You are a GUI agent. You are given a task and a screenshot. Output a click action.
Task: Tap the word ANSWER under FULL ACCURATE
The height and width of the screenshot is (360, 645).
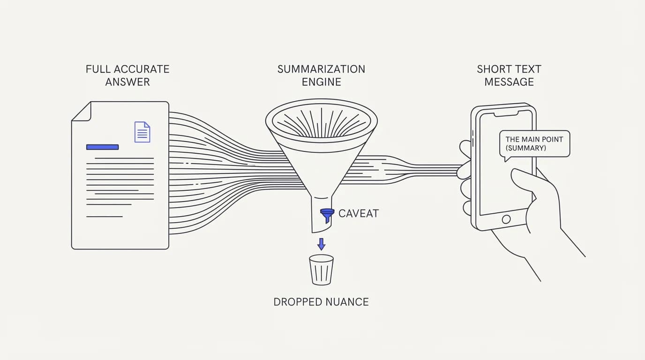[x=127, y=82]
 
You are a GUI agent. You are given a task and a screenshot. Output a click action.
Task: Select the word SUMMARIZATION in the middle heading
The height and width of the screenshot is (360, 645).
[x=322, y=69]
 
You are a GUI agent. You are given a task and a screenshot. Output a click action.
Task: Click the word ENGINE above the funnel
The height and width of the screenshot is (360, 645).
[x=322, y=82]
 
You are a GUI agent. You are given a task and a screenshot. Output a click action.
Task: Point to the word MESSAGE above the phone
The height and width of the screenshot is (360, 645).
[x=509, y=82]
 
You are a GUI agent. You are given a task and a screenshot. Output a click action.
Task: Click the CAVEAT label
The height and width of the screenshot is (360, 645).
[x=359, y=214]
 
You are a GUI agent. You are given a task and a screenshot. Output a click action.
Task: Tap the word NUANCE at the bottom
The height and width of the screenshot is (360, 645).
[x=347, y=302]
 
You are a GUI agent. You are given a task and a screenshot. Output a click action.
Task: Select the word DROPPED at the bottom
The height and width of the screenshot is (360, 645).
[x=298, y=302]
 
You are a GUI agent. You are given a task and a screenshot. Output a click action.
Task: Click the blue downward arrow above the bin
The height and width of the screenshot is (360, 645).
[x=322, y=244]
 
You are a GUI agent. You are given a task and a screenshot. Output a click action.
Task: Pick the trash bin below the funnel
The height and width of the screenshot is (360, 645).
[x=322, y=270]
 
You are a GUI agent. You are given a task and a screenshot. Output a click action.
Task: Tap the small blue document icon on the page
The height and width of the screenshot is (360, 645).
[x=142, y=132]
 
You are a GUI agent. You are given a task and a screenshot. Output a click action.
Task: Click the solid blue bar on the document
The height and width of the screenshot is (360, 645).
[x=103, y=147]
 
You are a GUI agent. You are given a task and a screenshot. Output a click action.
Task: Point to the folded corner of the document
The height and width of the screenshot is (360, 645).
[x=82, y=111]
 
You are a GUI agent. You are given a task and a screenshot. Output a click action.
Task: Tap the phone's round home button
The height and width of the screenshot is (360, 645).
[x=506, y=219]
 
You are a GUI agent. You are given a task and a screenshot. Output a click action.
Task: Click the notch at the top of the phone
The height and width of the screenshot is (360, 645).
[x=507, y=114]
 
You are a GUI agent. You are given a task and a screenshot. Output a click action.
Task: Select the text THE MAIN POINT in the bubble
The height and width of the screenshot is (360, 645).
[x=534, y=139]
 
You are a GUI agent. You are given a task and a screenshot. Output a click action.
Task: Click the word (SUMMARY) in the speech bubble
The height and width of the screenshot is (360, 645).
[x=526, y=148]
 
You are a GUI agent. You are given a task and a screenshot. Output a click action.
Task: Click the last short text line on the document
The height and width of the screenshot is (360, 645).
[x=105, y=217]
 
